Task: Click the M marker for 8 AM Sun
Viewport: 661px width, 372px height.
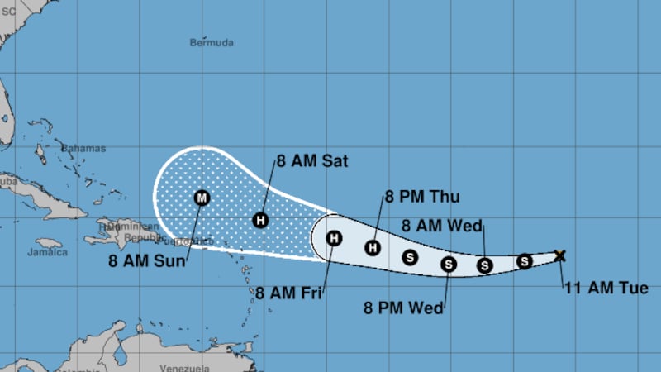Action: pyautogui.click(x=202, y=198)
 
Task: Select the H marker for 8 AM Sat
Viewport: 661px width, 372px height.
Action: pyautogui.click(x=260, y=220)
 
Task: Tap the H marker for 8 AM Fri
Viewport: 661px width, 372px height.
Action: pyautogui.click(x=334, y=239)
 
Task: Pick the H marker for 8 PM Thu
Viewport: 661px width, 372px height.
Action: pyautogui.click(x=373, y=246)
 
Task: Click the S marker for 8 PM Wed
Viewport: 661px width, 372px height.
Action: pyautogui.click(x=449, y=265)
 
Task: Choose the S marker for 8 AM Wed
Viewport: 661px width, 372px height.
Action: pyautogui.click(x=485, y=265)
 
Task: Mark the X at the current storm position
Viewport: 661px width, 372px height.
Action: pyautogui.click(x=559, y=255)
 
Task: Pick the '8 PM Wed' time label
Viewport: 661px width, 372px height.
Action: pyautogui.click(x=403, y=308)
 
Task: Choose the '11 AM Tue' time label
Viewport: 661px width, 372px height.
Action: pyautogui.click(x=612, y=289)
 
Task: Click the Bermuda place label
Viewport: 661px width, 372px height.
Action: pyautogui.click(x=212, y=41)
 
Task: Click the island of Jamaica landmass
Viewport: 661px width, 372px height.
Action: pyautogui.click(x=50, y=243)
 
